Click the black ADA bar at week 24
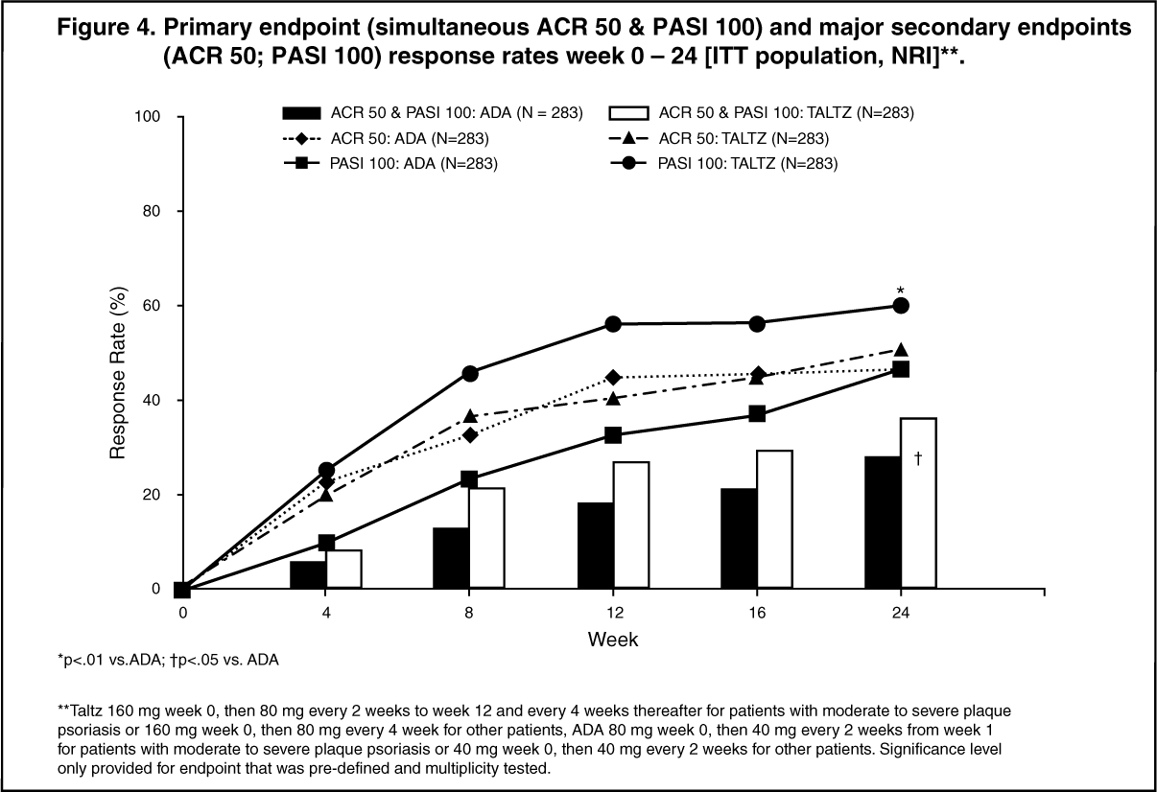coord(883,523)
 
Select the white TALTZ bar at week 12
coord(631,525)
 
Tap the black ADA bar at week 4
coord(309,574)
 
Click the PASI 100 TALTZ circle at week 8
coord(470,373)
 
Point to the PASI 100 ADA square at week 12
coord(614,435)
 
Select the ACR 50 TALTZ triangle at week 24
coord(901,350)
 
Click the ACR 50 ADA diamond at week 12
coord(614,378)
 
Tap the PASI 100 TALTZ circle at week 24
coord(901,305)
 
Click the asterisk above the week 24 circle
coord(901,290)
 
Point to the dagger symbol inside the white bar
coord(918,460)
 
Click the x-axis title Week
coord(613,638)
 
